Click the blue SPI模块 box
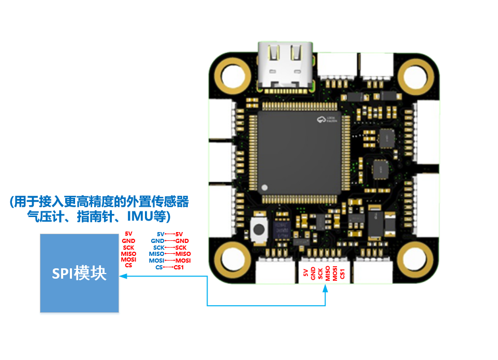click(x=79, y=273)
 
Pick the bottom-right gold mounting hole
click(x=418, y=256)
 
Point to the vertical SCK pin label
click(x=320, y=274)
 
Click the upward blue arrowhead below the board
click(x=326, y=288)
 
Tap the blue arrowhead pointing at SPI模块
click(x=123, y=277)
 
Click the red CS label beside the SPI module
click(x=128, y=265)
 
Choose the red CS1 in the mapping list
click(x=179, y=267)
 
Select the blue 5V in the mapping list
click(x=160, y=235)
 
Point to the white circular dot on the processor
click(x=265, y=188)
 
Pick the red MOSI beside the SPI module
click(x=129, y=260)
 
